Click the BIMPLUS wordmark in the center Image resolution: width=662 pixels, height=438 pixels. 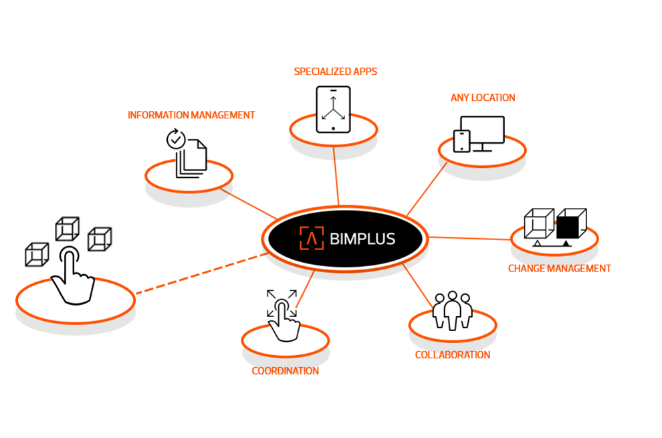pyautogui.click(x=362, y=239)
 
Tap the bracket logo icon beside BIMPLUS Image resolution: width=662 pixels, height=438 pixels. pyautogui.click(x=311, y=238)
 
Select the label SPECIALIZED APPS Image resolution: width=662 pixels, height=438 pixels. pyautogui.click(x=336, y=72)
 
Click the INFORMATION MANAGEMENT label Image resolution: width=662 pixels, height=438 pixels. pyautogui.click(x=191, y=115)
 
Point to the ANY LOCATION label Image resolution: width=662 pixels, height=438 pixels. pyautogui.click(x=482, y=98)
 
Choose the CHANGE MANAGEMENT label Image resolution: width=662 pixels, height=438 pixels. pyautogui.click(x=559, y=268)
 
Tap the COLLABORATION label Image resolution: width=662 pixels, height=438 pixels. pyautogui.click(x=452, y=354)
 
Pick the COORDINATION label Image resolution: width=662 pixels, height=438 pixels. pyautogui.click(x=285, y=370)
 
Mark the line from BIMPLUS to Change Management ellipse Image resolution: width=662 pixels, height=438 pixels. pyautogui.click(x=468, y=237)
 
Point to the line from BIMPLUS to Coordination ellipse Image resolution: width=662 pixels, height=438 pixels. pyautogui.click(x=305, y=289)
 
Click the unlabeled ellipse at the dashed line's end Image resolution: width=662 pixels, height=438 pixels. pyautogui.click(x=75, y=300)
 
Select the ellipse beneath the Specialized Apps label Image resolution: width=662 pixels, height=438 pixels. pyautogui.click(x=333, y=129)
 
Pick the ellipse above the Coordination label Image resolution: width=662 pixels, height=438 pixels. pyautogui.click(x=285, y=340)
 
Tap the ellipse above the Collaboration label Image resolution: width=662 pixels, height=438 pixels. pyautogui.click(x=452, y=324)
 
